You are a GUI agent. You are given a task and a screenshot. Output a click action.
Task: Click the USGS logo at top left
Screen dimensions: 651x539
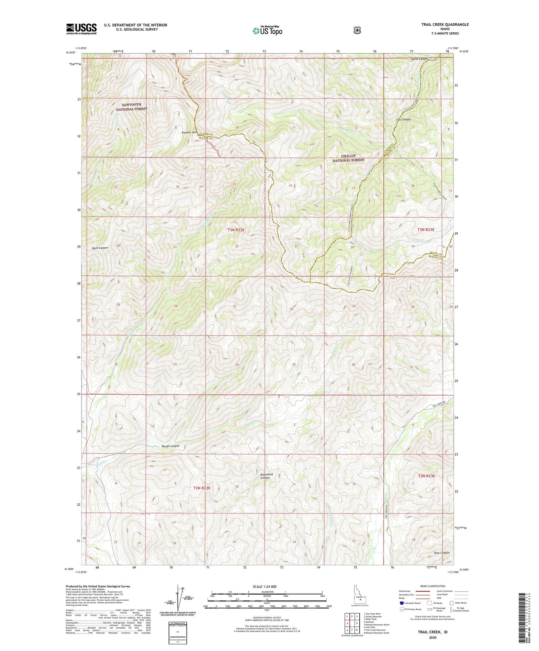(82, 29)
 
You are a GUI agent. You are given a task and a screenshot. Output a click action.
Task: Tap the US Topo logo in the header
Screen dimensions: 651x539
(267, 31)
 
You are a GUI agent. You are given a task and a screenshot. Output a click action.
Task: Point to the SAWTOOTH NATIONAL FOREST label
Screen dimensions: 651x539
(132, 107)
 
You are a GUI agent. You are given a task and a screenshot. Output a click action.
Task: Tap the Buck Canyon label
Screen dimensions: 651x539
(100, 248)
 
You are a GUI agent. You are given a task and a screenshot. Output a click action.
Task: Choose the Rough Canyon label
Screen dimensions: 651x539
(170, 446)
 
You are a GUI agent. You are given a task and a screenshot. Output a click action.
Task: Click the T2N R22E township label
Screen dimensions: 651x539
(202, 488)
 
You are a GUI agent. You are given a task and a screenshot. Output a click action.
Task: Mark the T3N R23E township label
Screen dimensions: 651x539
(426, 229)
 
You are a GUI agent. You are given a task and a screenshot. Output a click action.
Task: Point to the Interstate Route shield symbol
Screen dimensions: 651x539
(402, 603)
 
